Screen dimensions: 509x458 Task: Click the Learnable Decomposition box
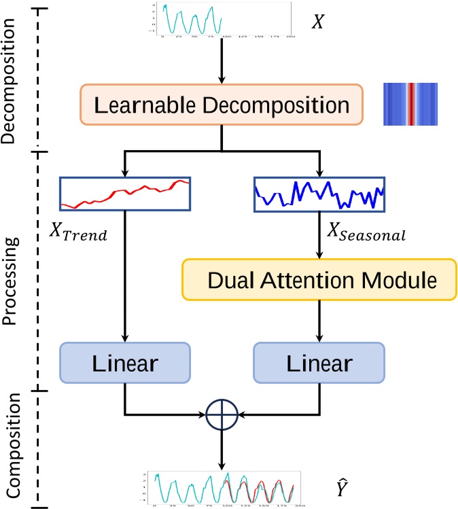[221, 106]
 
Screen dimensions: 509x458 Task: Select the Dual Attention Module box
[318, 279]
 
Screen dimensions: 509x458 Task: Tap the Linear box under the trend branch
[124, 362]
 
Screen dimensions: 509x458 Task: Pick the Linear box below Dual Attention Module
[318, 362]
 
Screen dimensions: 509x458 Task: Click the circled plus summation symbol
[222, 413]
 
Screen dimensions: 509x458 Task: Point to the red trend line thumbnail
[125, 193]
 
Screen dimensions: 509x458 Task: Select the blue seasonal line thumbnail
[319, 193]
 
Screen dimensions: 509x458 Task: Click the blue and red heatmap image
[410, 104]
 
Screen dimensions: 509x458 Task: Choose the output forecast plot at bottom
[222, 488]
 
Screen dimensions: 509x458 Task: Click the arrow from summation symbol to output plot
[222, 449]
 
